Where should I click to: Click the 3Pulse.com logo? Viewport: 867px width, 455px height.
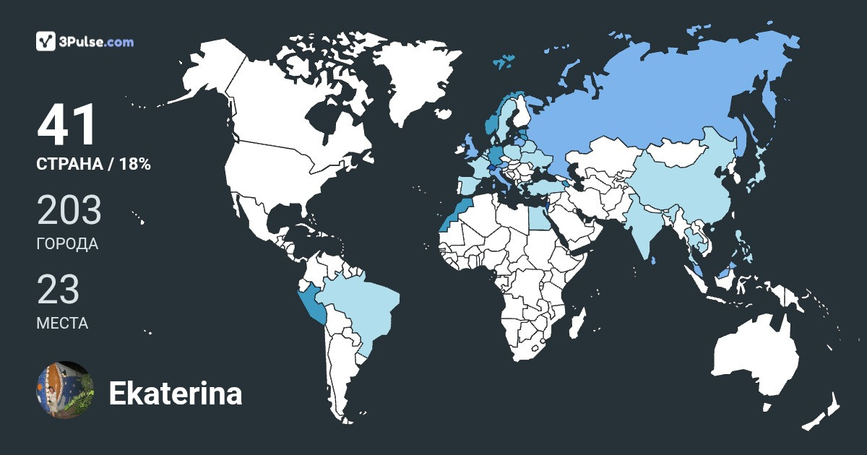(x=85, y=42)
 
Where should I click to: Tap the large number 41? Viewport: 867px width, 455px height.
(x=67, y=126)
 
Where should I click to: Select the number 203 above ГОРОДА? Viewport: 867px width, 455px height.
(x=69, y=210)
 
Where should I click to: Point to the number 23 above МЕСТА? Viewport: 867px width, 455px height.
(x=58, y=289)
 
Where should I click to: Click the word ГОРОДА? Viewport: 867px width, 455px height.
(x=67, y=244)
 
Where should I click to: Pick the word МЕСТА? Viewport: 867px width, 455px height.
(x=62, y=323)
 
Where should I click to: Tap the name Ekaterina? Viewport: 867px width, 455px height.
(x=175, y=394)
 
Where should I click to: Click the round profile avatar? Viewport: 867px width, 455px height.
(x=64, y=390)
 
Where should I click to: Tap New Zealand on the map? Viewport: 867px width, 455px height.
(x=824, y=412)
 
